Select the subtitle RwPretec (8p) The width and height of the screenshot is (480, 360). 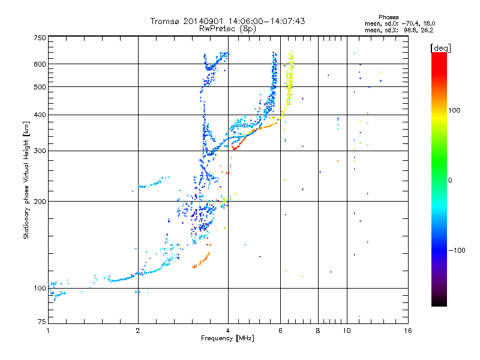pyautogui.click(x=228, y=28)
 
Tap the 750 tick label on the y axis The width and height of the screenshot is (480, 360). pyautogui.click(x=40, y=38)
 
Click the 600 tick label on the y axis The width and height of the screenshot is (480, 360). pyautogui.click(x=40, y=64)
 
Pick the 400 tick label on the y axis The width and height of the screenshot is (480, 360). pyautogui.click(x=40, y=115)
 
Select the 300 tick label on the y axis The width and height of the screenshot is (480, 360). pyautogui.click(x=40, y=151)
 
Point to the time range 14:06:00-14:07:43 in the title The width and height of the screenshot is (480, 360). pyautogui.click(x=267, y=21)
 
